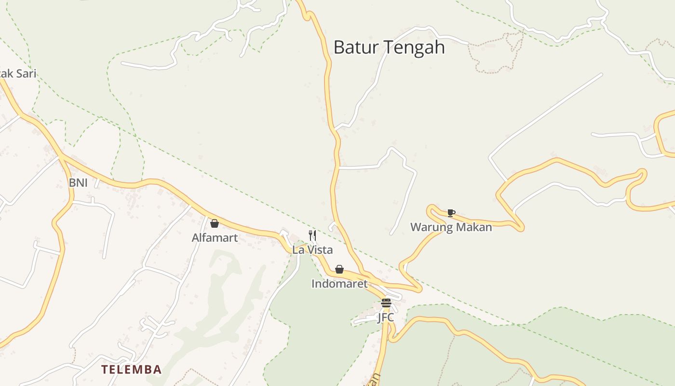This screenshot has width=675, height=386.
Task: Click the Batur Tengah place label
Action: click(389, 47)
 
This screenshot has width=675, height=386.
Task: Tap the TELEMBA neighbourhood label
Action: click(131, 370)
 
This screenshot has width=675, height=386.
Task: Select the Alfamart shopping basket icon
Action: click(215, 223)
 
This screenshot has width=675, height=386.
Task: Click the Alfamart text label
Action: click(215, 237)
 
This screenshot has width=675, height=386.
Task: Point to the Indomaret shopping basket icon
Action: click(339, 269)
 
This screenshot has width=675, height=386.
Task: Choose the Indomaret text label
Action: click(339, 284)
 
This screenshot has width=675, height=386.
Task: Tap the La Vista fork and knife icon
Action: click(312, 235)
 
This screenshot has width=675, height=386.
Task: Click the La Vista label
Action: click(312, 250)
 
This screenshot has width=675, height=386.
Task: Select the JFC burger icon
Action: click(386, 303)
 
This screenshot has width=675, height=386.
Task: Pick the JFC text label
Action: click(386, 317)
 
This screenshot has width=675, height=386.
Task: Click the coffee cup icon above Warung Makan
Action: click(451, 213)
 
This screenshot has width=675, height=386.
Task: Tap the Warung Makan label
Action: click(451, 227)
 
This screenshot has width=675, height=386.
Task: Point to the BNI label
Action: click(78, 183)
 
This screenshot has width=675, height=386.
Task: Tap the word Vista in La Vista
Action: click(321, 250)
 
